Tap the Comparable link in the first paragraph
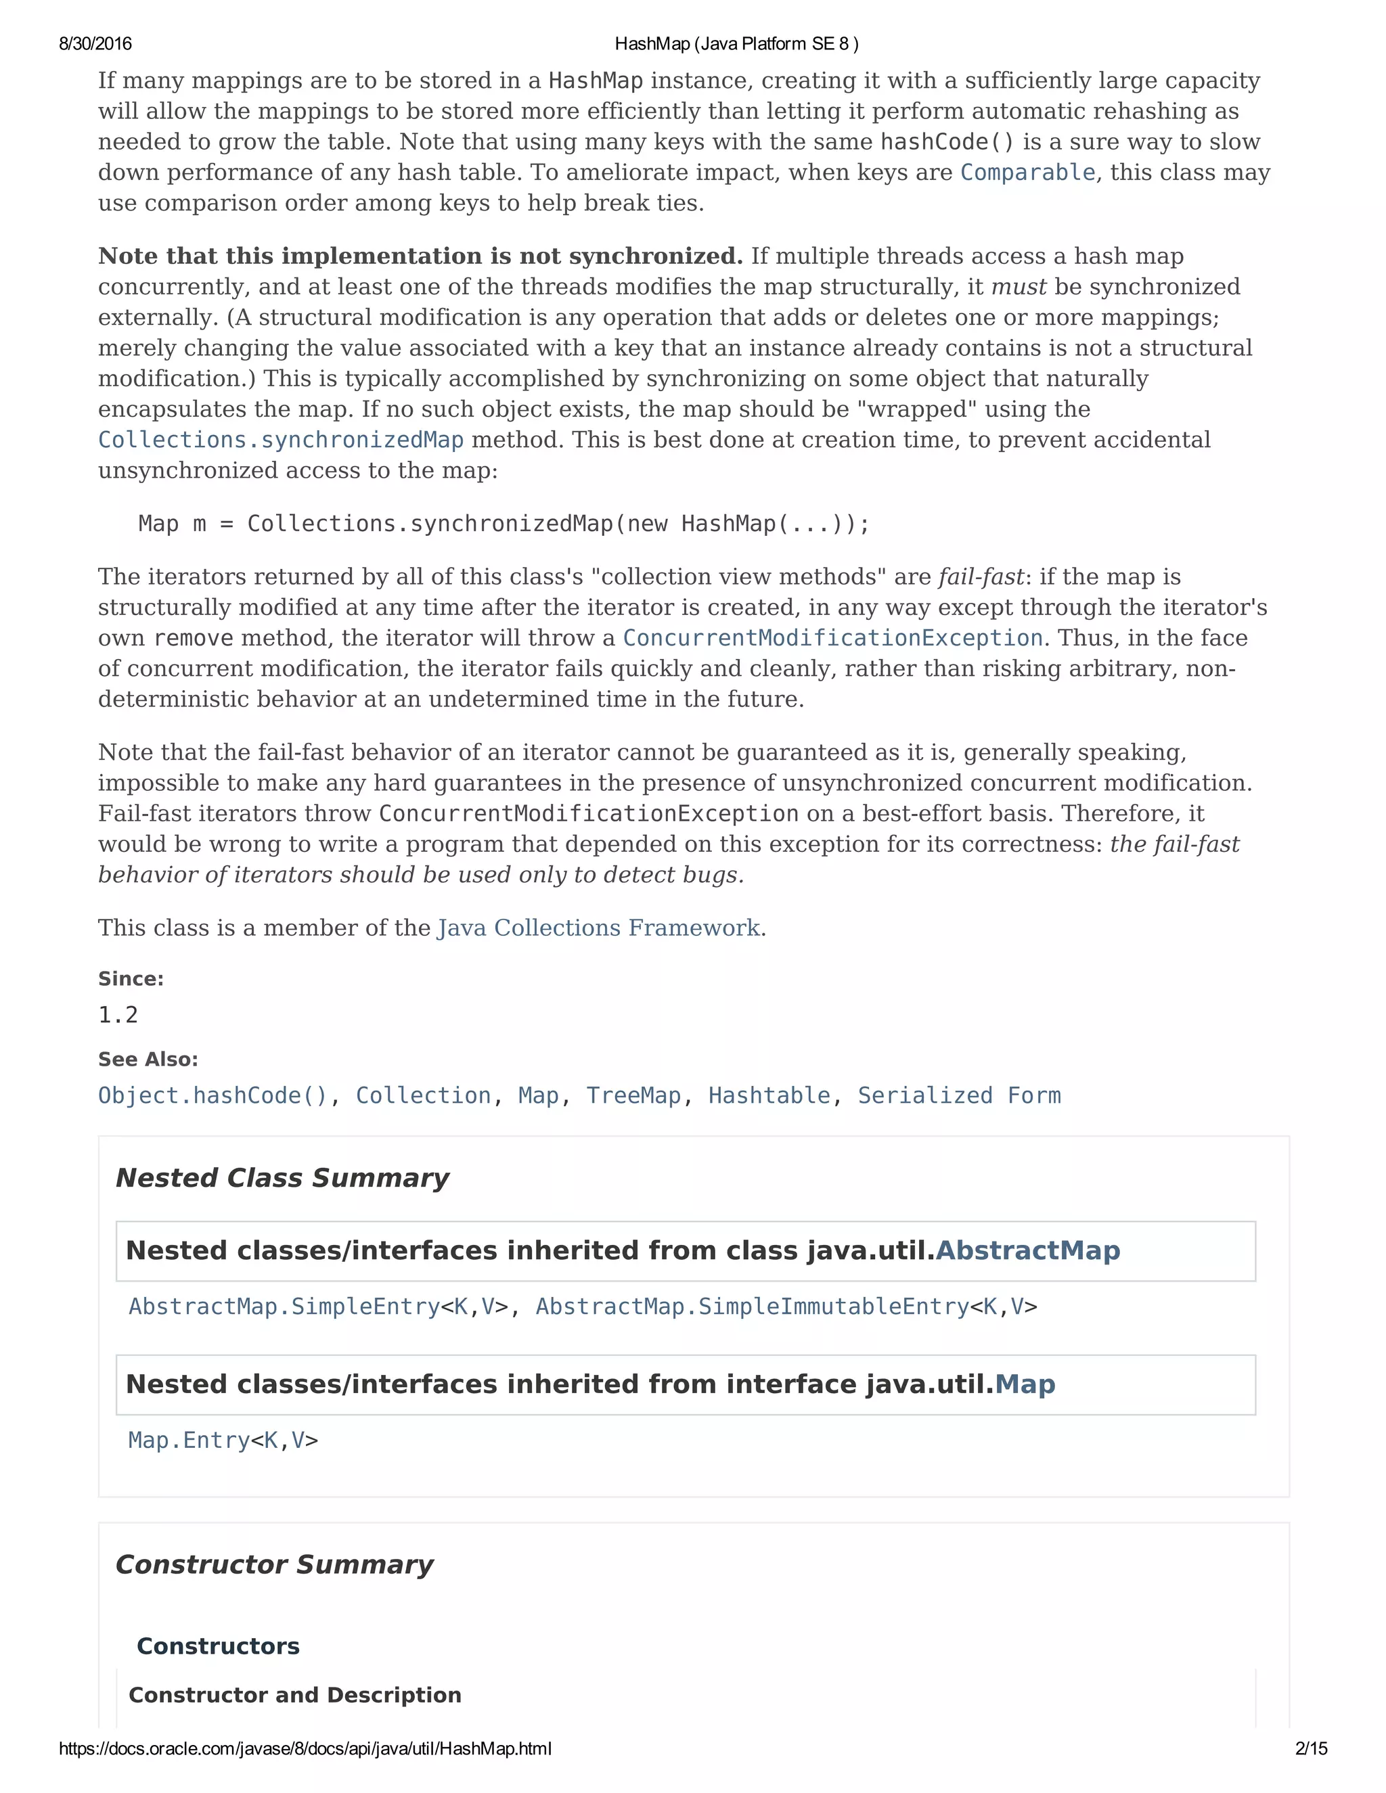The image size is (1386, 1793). [1027, 173]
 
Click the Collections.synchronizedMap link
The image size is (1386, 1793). [281, 440]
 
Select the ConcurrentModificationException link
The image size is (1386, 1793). [832, 638]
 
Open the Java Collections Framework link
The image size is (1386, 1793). [598, 928]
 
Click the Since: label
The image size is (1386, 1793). [131, 978]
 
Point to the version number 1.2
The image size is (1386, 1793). [118, 1016]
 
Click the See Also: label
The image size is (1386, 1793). [148, 1059]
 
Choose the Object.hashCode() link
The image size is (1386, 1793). [213, 1096]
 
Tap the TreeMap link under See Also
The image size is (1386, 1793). [633, 1096]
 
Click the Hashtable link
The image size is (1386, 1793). [769, 1096]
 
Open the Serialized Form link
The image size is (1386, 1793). [959, 1096]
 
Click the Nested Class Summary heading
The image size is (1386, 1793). [282, 1178]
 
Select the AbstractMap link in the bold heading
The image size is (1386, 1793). [1028, 1250]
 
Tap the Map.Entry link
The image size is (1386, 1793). [189, 1440]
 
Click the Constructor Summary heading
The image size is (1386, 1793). [274, 1565]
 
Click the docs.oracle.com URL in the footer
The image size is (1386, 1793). [305, 1748]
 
